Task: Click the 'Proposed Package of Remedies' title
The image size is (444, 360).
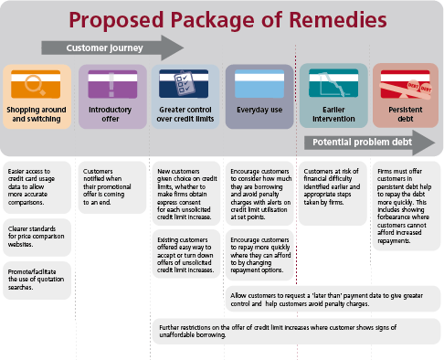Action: pos(221,19)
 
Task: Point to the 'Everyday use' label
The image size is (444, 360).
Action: pos(258,111)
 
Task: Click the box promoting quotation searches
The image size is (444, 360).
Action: pos(37,271)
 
